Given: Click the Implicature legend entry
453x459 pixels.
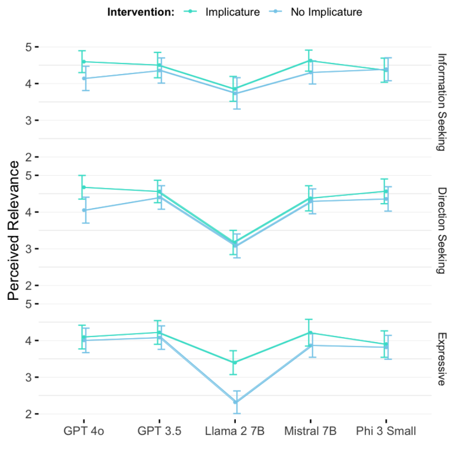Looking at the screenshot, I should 232,12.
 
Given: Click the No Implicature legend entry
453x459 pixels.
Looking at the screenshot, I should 326,12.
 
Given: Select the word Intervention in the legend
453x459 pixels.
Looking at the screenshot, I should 141,12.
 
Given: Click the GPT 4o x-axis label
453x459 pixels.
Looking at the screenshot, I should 84,431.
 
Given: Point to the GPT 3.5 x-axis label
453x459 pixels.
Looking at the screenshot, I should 159,431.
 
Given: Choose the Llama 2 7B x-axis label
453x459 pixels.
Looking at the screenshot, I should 235,431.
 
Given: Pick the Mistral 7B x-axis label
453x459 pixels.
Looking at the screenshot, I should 310,431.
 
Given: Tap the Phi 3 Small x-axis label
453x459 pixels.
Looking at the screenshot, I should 386,431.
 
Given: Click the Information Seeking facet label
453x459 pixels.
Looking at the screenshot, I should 442,102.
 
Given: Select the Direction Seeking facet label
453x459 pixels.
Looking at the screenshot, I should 442,230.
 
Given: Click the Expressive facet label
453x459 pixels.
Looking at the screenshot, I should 442,359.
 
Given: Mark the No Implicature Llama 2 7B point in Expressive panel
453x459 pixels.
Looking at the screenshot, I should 235,402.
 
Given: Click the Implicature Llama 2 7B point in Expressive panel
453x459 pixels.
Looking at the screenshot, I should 235,362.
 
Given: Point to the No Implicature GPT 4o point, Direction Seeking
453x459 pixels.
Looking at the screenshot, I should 84,210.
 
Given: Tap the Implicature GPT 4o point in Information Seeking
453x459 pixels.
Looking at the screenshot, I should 84,61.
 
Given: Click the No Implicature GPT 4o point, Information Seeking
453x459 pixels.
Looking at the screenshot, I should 84,78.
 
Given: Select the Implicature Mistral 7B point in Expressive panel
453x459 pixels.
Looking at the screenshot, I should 310,333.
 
